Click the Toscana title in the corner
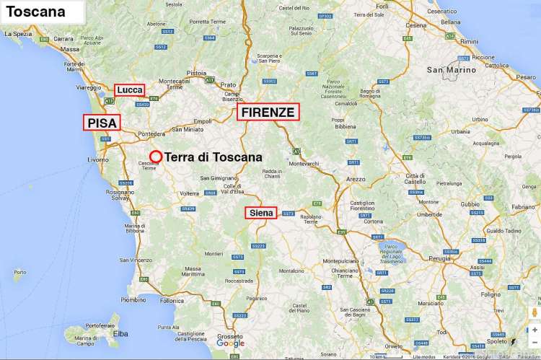(x=35, y=12)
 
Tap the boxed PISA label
(x=102, y=123)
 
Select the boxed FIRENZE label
(x=268, y=112)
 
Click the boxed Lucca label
(x=130, y=89)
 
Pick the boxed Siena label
(x=260, y=213)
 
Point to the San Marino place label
(x=452, y=70)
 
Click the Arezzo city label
(x=356, y=178)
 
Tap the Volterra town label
(x=188, y=193)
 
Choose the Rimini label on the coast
(x=470, y=41)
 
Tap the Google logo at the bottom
(x=231, y=343)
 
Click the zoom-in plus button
(x=535, y=329)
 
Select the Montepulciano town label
(x=340, y=260)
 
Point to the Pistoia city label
(x=196, y=73)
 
